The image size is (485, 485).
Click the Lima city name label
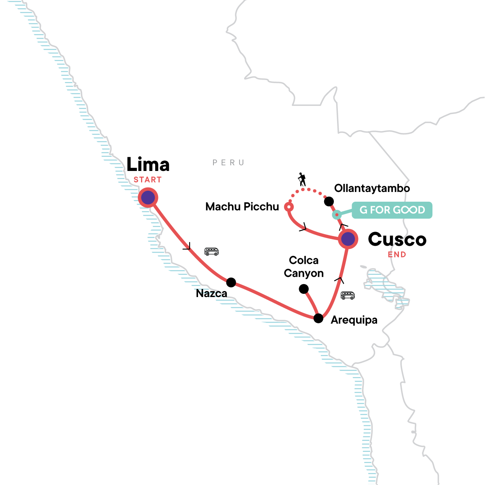coord(148,164)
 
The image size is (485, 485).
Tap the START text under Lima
coord(148,180)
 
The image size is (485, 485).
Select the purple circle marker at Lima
coord(148,198)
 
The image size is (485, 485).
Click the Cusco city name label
coord(397,240)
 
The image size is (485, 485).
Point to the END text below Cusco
coord(397,255)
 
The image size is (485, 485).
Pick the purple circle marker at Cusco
coord(348,239)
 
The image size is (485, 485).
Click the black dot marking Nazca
coord(231,282)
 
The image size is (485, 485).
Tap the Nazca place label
coord(211,293)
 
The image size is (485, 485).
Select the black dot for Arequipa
coord(318,318)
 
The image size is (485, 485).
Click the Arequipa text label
coord(354,320)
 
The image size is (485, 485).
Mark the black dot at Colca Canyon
coord(304,289)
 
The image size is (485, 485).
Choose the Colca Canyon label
coord(304,267)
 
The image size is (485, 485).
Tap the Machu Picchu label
coord(242,207)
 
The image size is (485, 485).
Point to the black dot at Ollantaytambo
coord(329,201)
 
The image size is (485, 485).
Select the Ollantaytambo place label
coord(372,188)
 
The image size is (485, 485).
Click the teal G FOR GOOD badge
coord(392,210)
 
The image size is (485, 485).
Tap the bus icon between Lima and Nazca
coord(211,251)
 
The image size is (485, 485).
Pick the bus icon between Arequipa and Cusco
coord(348,295)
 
